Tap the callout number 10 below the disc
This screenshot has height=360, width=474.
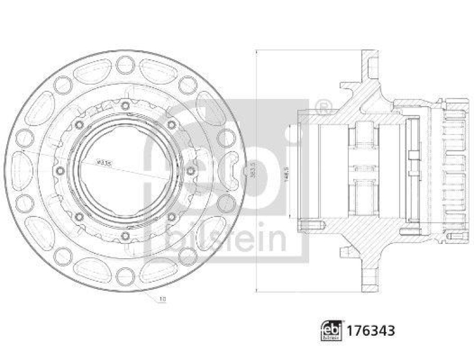click(x=163, y=300)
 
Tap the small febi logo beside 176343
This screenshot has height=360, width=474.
click(x=329, y=329)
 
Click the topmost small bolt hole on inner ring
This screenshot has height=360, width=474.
click(x=124, y=106)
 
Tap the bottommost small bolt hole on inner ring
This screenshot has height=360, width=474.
click(x=124, y=237)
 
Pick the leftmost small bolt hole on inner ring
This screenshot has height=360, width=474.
click(x=59, y=171)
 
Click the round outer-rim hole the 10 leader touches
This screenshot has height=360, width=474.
click(x=125, y=277)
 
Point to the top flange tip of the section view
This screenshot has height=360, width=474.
click(x=369, y=54)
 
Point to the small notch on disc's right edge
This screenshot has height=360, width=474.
click(x=245, y=171)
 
